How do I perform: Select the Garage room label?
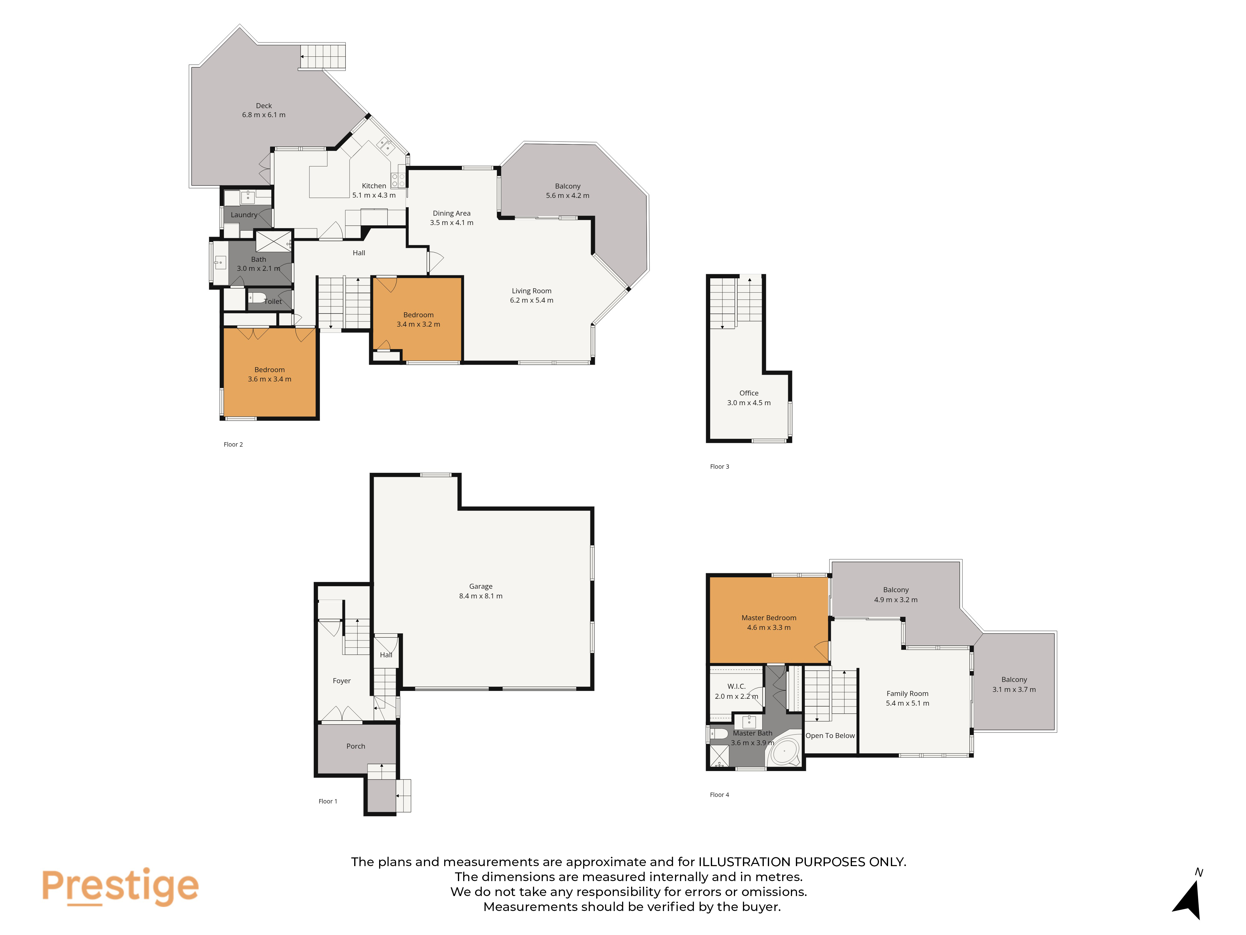point(480,586)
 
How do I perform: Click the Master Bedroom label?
point(768,618)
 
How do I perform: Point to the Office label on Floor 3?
point(749,393)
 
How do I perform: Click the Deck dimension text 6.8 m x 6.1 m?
point(264,115)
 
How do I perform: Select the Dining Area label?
point(451,213)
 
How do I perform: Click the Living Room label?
point(531,291)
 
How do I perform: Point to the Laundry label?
point(244,215)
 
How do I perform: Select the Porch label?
point(355,746)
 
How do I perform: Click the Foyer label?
point(341,681)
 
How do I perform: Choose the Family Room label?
point(907,694)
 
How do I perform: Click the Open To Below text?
point(830,736)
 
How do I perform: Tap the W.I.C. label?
point(736,687)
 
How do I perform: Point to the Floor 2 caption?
point(233,445)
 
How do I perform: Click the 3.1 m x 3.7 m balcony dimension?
point(1014,690)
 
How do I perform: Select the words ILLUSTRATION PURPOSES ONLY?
point(802,862)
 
